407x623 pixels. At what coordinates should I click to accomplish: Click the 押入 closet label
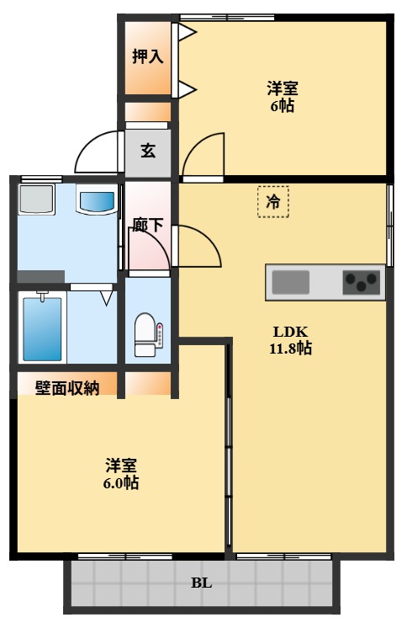147,56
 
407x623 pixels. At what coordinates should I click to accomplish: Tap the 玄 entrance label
148,152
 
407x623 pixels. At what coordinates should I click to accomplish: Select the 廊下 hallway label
148,225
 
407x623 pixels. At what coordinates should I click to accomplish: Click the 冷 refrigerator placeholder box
272,202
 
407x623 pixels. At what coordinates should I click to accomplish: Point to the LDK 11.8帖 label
290,339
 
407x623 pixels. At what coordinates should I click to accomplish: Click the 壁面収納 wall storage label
67,387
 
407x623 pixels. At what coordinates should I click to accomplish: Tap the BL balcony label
201,583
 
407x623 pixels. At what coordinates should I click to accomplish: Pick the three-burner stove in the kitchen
362,282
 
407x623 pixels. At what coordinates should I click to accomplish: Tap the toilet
147,334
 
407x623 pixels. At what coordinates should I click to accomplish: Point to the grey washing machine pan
36,200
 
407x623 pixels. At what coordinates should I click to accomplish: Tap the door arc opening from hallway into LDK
198,247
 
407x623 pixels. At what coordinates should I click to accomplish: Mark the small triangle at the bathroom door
106,296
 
